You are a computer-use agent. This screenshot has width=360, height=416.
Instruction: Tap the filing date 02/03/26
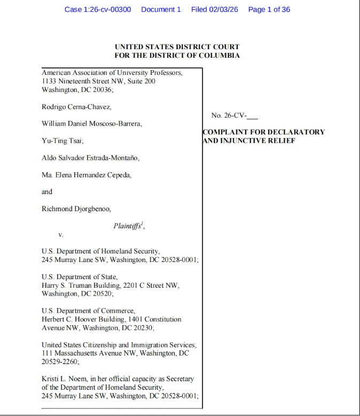(x=223, y=10)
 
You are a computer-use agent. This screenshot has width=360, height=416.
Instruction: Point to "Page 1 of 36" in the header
(x=269, y=10)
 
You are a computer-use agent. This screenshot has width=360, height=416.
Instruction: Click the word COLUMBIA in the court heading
(x=220, y=56)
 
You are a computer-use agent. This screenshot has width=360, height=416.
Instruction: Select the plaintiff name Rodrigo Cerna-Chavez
(x=76, y=107)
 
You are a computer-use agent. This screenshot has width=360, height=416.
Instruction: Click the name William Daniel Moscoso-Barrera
(x=92, y=124)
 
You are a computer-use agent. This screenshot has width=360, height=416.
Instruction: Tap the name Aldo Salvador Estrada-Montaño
(x=90, y=158)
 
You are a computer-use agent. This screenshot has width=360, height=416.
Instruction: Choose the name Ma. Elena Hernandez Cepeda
(x=86, y=175)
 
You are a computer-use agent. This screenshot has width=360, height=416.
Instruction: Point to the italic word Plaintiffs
(x=127, y=226)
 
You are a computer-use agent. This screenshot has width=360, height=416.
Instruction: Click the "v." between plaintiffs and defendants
(x=61, y=234)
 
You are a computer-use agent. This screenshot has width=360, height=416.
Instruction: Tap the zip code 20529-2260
(x=60, y=362)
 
